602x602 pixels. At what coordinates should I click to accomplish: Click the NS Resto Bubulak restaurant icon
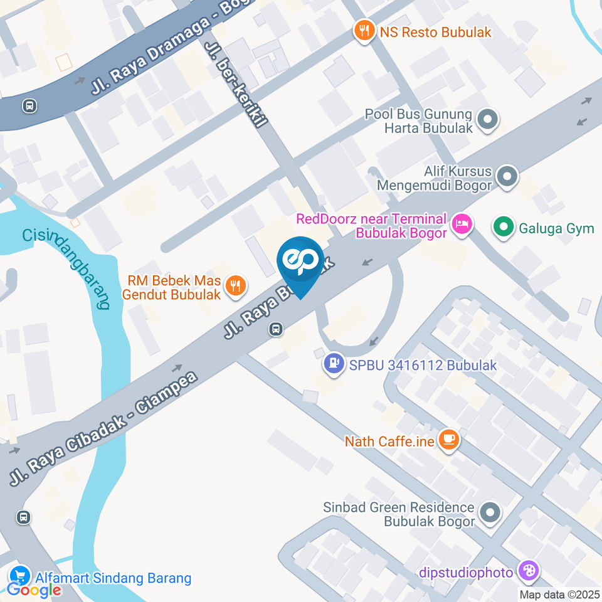point(364,31)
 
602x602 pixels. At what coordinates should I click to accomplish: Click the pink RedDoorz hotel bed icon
point(462,223)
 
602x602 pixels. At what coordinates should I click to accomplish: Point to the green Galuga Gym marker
point(502,228)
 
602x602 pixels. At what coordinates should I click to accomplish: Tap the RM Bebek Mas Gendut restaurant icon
point(236,287)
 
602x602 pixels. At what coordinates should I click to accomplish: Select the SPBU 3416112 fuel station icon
point(334,363)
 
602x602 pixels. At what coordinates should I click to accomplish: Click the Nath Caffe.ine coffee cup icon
point(448,440)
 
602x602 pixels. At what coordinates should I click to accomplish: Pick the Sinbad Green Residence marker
point(489,513)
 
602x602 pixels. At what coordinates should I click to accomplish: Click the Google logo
point(34,590)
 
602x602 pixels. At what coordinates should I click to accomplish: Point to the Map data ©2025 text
point(560,594)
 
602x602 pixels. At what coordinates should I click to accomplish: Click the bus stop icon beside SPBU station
point(276,329)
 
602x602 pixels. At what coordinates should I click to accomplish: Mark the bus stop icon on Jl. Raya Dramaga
point(29,106)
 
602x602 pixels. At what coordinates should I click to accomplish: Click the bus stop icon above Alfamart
point(24,517)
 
